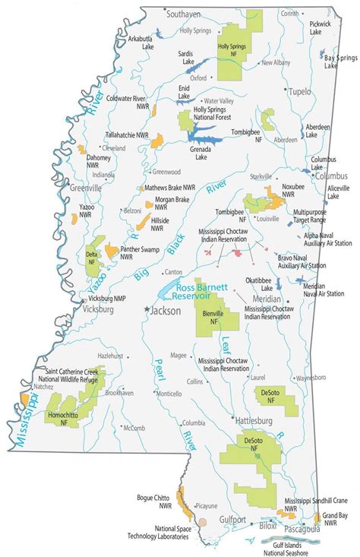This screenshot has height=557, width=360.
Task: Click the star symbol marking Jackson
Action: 147,310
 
